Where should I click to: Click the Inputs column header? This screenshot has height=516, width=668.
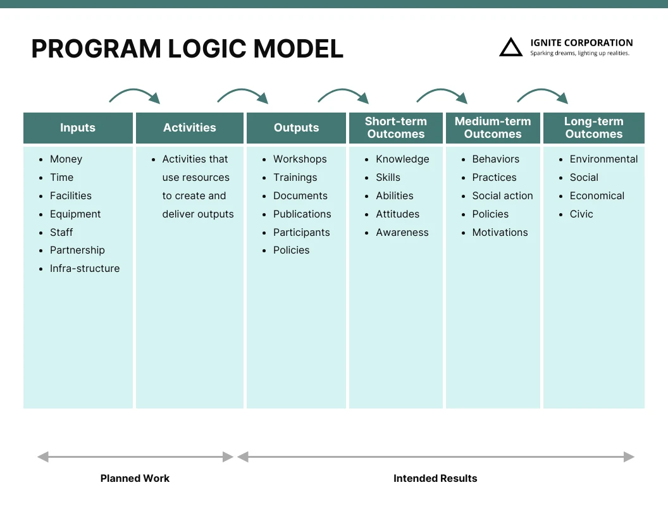[x=78, y=128]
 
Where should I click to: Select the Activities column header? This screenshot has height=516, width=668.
[x=189, y=128]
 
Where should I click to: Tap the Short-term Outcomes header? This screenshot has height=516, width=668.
[x=396, y=128]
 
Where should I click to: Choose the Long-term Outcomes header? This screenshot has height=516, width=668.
[x=593, y=128]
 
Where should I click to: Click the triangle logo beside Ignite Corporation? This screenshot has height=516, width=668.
[x=510, y=47]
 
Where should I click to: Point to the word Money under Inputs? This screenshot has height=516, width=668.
[x=66, y=159]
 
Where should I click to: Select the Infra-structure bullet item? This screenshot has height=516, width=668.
[x=85, y=269]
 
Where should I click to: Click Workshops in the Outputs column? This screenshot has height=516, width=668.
[x=300, y=159]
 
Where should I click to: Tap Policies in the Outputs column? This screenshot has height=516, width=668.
[x=291, y=250]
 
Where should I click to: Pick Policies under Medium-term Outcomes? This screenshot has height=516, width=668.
[x=490, y=214]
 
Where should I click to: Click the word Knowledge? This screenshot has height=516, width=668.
[x=402, y=159]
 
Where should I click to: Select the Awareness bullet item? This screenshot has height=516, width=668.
[x=402, y=233]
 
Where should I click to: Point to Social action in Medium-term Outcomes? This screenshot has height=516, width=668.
[x=502, y=196]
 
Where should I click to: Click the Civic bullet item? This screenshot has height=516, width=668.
[x=581, y=214]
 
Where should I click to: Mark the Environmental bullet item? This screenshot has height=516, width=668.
[x=603, y=159]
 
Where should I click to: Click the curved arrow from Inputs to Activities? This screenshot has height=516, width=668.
[x=135, y=95]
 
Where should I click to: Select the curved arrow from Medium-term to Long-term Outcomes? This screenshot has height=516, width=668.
[x=542, y=95]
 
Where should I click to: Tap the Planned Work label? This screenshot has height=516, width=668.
[x=135, y=479]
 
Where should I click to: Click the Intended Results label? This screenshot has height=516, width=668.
[x=435, y=479]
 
